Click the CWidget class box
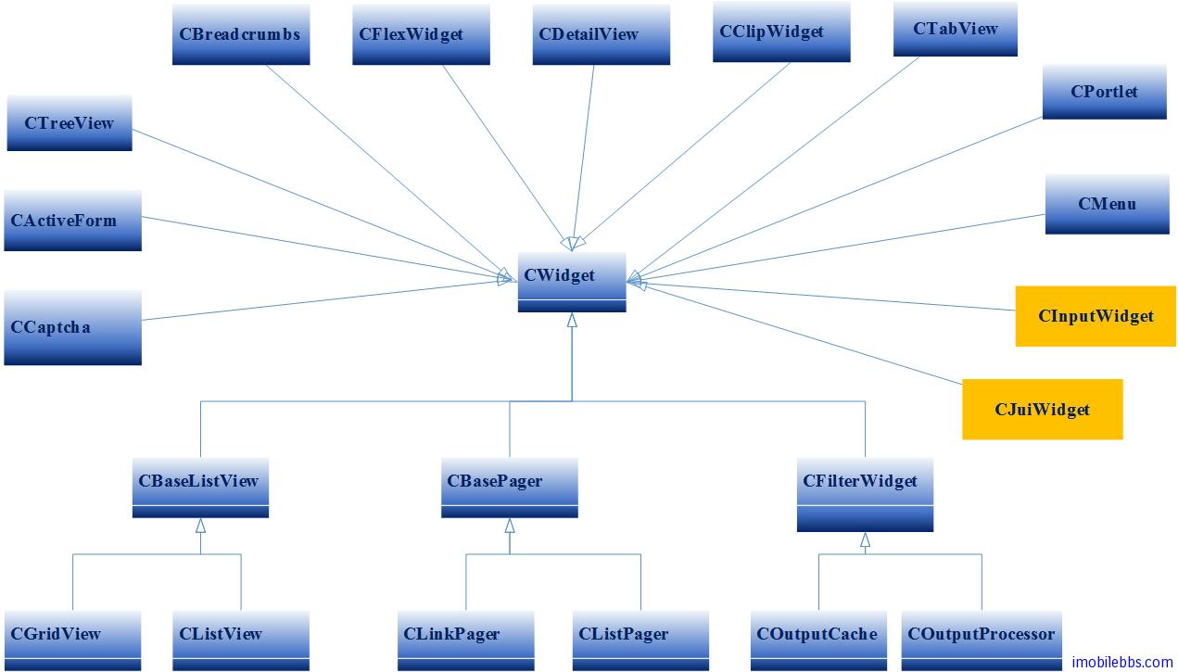571,281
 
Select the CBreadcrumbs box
241,34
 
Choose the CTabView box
956,29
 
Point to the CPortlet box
1104,92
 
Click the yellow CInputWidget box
1096,316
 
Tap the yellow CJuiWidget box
1042,409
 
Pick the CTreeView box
70,123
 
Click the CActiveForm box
72,221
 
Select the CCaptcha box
72,327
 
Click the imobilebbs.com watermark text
1121,662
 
